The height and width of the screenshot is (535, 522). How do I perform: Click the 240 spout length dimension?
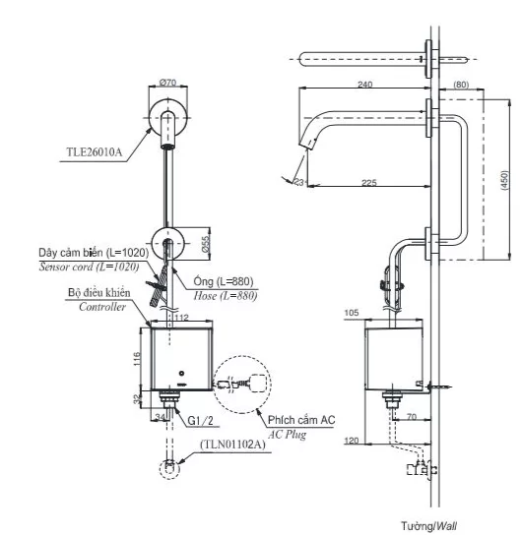click(365, 86)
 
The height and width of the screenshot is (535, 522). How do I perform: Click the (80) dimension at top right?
click(461, 86)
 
